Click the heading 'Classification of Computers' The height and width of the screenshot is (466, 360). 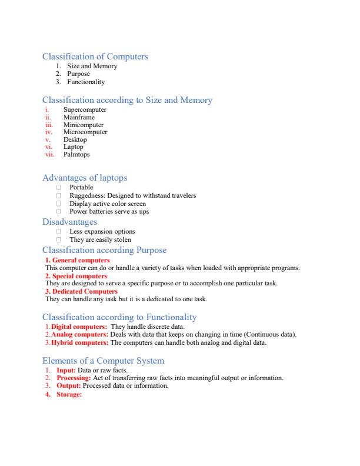coord(95,56)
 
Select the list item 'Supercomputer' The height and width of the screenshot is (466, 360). coord(85,110)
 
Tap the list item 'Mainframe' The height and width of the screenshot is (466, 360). coord(79,117)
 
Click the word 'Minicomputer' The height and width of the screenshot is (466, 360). coord(84,125)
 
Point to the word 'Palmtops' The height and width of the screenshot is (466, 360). coord(76,154)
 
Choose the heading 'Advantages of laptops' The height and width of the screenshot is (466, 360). coord(85,178)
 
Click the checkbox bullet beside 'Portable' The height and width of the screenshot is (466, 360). coord(59,188)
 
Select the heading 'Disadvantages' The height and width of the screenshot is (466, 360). coord(70,222)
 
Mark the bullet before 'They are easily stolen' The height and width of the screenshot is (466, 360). coord(59,239)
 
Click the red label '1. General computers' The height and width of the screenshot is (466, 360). coord(78,260)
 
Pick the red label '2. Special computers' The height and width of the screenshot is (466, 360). coord(76,276)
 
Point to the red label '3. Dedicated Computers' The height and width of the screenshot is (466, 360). coord(82,291)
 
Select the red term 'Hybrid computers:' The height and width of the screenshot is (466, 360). coord(79,342)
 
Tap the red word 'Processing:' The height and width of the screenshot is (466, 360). coord(74,378)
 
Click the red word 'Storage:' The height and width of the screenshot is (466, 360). coord(69,394)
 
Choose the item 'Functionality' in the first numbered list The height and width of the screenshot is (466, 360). coord(86,82)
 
